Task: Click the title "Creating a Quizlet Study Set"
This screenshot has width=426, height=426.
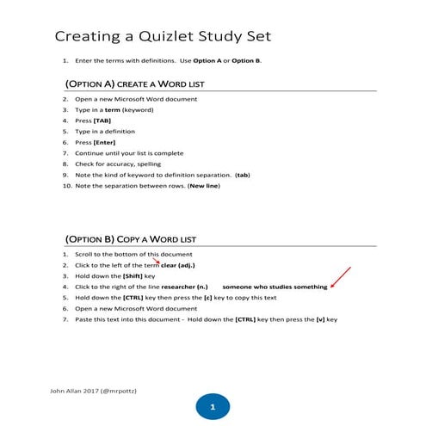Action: [x=163, y=36]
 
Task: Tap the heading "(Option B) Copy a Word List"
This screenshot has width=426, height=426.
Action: [x=131, y=238]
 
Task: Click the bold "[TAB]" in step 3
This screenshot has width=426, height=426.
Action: [x=104, y=120]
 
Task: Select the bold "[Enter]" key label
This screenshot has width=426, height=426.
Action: [x=107, y=142]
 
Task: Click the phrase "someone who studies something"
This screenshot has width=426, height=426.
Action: [x=275, y=287]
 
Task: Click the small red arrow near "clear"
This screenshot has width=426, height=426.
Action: [x=156, y=260]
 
